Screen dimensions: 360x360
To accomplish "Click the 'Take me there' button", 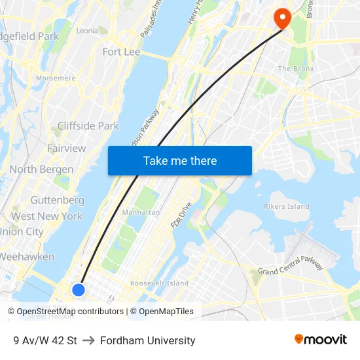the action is click(x=180, y=161).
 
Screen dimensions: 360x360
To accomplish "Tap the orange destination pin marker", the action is click(x=282, y=18).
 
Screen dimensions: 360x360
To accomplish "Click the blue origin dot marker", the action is click(x=79, y=289).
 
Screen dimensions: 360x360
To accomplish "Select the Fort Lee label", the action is click(x=121, y=51).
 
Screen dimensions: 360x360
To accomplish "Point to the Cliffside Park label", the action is click(x=88, y=126).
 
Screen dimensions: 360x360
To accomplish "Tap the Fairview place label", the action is click(x=66, y=149).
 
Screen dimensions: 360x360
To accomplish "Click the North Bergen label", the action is click(x=41, y=170).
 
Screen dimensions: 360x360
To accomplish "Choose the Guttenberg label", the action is click(x=57, y=200).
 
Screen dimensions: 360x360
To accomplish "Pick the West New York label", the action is click(x=46, y=216).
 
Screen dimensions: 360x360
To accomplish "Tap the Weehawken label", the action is click(x=27, y=257).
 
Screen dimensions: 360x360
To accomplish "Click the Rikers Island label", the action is click(x=285, y=207).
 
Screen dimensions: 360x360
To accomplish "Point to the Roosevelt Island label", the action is click(x=159, y=283).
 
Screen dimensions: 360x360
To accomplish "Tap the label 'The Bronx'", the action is click(x=296, y=69).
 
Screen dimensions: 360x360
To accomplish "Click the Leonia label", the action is click(x=87, y=31).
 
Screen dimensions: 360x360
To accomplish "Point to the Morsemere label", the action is click(x=56, y=78).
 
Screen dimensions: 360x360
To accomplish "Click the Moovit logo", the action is click(x=320, y=340).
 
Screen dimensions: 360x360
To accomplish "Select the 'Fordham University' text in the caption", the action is click(x=147, y=340).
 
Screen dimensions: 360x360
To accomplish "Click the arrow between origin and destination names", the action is click(x=88, y=340).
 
